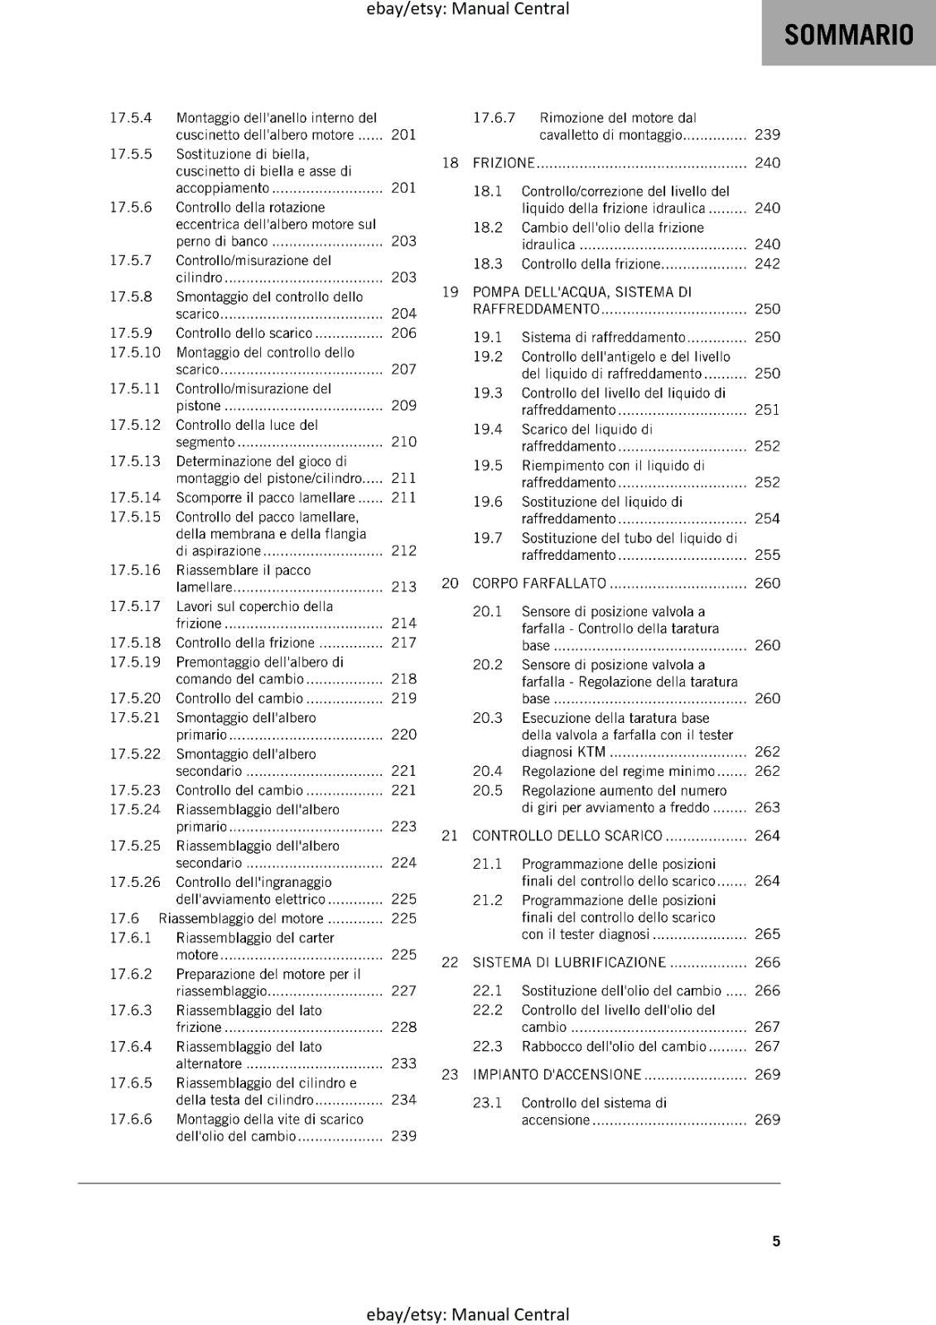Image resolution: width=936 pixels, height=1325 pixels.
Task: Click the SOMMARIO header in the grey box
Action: (848, 35)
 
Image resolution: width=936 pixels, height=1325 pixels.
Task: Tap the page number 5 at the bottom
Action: (776, 1241)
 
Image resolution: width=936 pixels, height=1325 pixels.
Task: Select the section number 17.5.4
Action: (131, 118)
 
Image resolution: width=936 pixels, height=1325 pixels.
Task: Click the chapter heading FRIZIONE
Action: (504, 163)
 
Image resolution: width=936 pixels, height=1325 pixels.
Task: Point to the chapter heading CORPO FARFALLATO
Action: (539, 583)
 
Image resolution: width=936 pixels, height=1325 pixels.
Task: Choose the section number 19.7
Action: (487, 538)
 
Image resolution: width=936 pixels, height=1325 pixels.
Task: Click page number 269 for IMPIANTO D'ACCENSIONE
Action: (767, 1074)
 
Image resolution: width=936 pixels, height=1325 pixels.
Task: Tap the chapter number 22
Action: (450, 962)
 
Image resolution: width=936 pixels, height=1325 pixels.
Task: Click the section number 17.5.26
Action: (135, 882)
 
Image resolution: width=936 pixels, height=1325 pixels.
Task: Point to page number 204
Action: (403, 314)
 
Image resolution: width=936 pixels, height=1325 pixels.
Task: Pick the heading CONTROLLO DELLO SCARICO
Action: (567, 836)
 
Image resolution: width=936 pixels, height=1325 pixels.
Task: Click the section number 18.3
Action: (487, 264)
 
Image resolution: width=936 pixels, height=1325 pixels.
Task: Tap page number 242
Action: (767, 264)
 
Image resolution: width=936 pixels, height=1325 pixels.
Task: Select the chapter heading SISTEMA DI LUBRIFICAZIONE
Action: (569, 962)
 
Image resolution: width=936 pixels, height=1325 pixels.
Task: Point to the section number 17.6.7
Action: (494, 118)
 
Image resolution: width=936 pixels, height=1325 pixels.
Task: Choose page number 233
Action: (403, 1063)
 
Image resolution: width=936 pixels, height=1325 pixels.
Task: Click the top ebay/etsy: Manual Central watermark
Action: (468, 9)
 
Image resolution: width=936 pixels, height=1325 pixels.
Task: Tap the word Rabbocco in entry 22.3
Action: (551, 1046)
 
